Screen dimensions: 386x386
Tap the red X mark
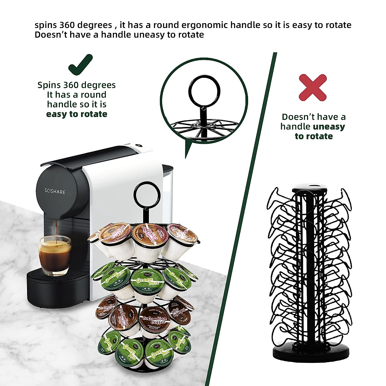coord(313,87)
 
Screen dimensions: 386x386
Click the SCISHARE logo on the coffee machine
coord(55,192)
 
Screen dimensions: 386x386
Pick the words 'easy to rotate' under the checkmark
coord(77,114)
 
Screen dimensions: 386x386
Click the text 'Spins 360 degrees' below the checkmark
coord(77,85)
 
